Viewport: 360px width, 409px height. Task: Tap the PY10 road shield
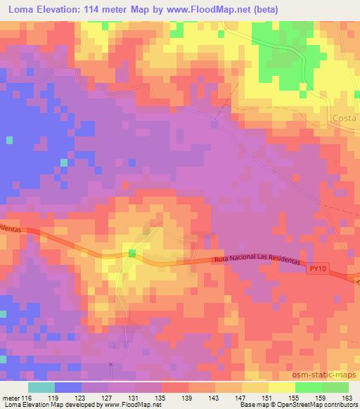(x=319, y=267)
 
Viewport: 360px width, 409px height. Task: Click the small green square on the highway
(x=131, y=254)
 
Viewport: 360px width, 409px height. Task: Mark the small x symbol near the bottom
(x=110, y=363)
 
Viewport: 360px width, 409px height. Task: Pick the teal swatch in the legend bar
(x=41, y=387)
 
